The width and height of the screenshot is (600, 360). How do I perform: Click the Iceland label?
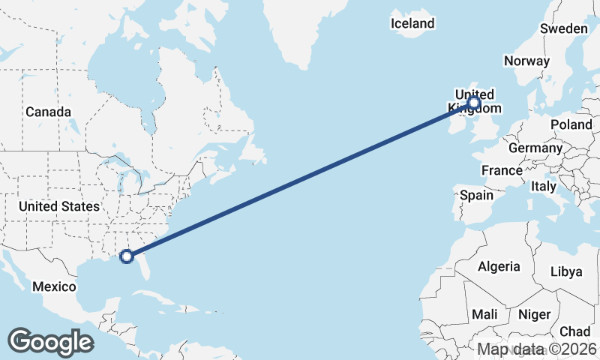pyautogui.click(x=412, y=23)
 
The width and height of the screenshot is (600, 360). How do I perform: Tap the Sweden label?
pyautogui.click(x=564, y=28)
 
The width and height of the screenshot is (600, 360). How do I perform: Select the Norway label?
pyautogui.click(x=527, y=61)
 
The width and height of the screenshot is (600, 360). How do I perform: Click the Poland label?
pyautogui.click(x=571, y=124)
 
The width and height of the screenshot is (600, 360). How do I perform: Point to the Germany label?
pyautogui.click(x=535, y=148)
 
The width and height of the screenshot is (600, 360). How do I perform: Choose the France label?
pyautogui.click(x=502, y=170)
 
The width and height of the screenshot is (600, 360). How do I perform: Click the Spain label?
pyautogui.click(x=477, y=195)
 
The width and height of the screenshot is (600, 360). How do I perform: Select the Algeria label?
pyautogui.click(x=499, y=266)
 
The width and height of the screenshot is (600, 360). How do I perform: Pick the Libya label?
pyautogui.click(x=566, y=271)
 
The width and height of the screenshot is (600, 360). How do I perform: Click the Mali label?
pyautogui.click(x=485, y=314)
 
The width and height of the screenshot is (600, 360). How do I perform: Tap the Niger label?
pyautogui.click(x=534, y=314)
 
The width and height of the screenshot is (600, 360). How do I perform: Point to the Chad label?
pyautogui.click(x=574, y=331)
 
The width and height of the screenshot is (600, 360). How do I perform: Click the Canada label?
pyautogui.click(x=48, y=112)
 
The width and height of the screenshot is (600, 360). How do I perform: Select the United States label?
pyautogui.click(x=59, y=206)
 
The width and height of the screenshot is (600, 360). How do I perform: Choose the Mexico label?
pyautogui.click(x=54, y=286)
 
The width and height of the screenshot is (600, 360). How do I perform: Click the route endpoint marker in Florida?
pyautogui.click(x=127, y=256)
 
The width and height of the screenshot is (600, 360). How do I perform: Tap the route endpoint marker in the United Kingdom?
pyautogui.click(x=474, y=102)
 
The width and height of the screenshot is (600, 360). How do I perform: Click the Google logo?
pyautogui.click(x=50, y=342)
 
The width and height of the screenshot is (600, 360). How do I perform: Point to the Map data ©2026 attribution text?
pyautogui.click(x=537, y=349)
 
